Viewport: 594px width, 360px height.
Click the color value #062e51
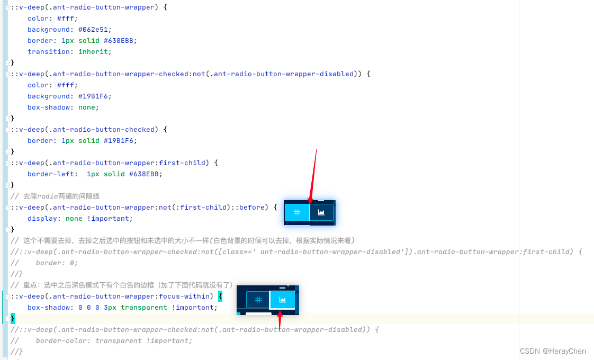(95, 30)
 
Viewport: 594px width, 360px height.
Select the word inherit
(95, 52)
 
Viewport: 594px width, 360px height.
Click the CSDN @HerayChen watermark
(553, 351)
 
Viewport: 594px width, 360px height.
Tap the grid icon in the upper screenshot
(298, 212)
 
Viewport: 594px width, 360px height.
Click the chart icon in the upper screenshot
(321, 212)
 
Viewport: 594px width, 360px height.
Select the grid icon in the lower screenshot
(258, 300)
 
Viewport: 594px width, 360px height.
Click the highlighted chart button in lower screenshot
(283, 300)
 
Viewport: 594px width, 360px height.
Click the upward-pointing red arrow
(280, 321)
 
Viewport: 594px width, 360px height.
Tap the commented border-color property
(64, 341)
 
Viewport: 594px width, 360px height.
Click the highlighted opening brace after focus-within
(220, 296)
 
